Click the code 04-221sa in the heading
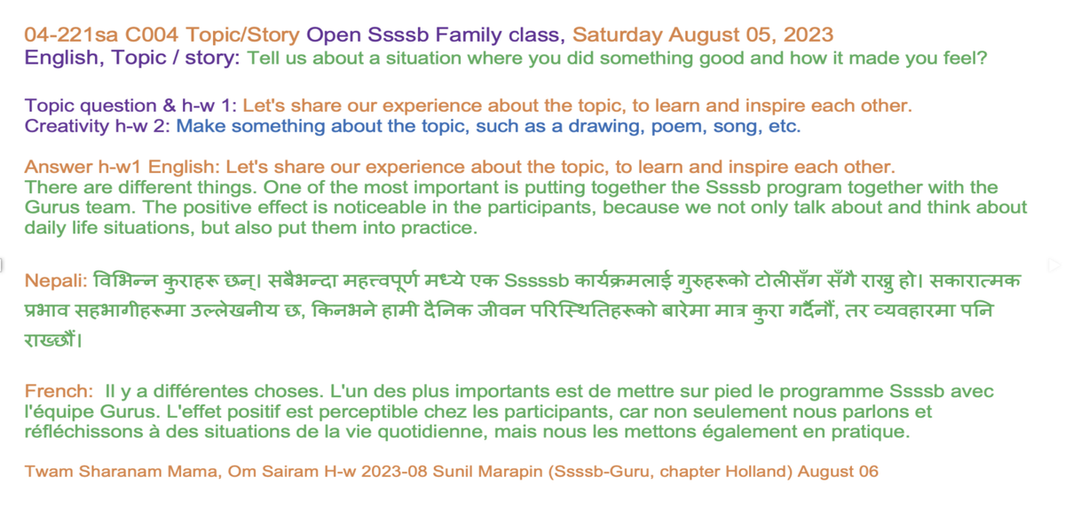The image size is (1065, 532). pyautogui.click(x=71, y=35)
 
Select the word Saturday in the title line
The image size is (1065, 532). pyautogui.click(x=617, y=35)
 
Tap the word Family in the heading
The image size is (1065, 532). pyautogui.click(x=469, y=35)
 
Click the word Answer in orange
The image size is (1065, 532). pyautogui.click(x=59, y=168)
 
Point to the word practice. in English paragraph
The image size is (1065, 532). pyautogui.click(x=439, y=229)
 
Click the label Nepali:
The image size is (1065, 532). pyautogui.click(x=56, y=281)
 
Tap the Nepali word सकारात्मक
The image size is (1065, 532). pyautogui.click(x=974, y=280)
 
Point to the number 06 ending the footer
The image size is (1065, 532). pyautogui.click(x=869, y=472)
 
